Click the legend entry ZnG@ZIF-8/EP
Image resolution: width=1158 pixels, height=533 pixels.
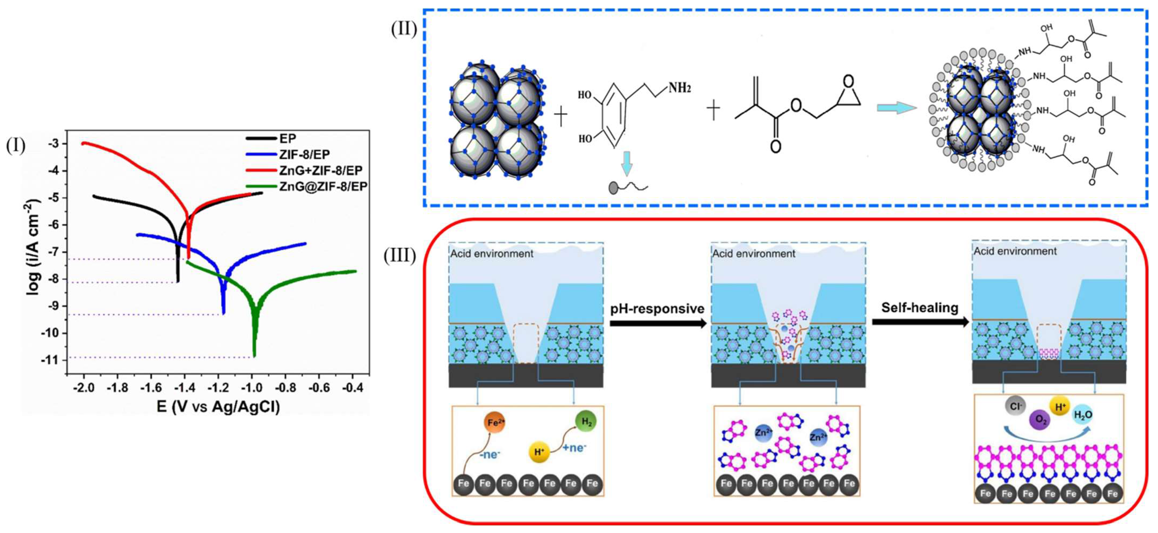[323, 186]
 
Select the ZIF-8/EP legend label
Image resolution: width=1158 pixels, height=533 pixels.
[304, 155]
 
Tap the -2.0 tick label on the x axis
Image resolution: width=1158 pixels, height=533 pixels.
[83, 387]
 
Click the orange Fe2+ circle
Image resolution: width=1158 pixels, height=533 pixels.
[493, 422]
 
